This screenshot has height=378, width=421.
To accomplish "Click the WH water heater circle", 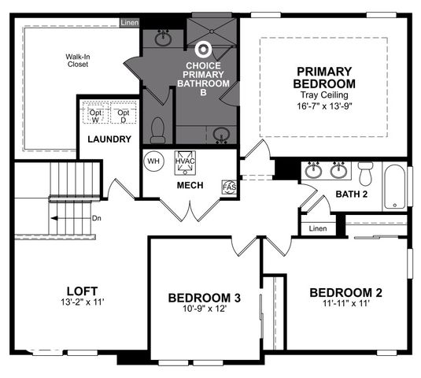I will click(x=153, y=161).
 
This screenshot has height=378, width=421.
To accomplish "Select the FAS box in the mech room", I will click(x=229, y=186).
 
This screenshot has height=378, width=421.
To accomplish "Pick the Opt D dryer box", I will click(x=123, y=116).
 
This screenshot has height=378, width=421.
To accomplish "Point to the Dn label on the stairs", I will click(x=96, y=218).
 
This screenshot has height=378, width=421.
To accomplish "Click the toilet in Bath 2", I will click(x=365, y=172).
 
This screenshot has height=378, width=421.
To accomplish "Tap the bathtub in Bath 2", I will click(x=395, y=187).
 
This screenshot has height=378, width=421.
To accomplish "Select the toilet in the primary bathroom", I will click(x=157, y=129).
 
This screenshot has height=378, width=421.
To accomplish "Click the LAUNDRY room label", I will click(x=109, y=139).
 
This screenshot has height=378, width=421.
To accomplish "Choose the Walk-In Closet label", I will click(x=76, y=60).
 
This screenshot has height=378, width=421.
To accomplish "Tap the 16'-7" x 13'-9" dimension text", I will click(x=324, y=106).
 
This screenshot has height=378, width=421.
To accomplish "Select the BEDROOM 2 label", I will click(x=345, y=292).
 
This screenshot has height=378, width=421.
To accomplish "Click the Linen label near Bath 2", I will click(x=318, y=228).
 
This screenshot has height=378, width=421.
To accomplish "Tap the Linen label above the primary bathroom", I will click(x=129, y=23).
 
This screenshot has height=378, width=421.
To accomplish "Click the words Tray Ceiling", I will click(x=324, y=94).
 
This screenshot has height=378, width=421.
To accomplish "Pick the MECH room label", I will click(x=190, y=185).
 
